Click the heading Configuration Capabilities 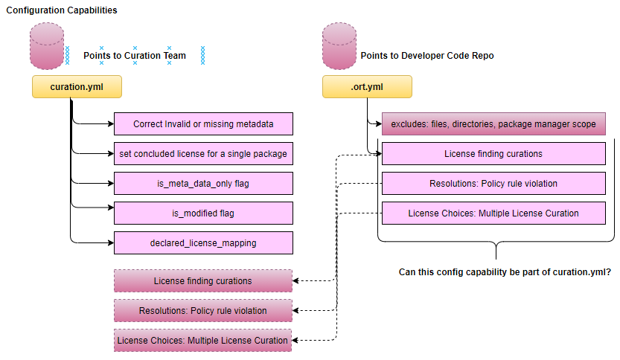point(61,10)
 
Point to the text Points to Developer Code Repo point(426,55)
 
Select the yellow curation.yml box point(76,86)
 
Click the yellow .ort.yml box point(366,86)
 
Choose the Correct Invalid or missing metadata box point(203,124)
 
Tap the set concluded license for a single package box point(203,154)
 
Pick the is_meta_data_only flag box point(203,183)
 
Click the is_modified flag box point(203,213)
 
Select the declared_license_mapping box point(203,242)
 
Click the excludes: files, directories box point(493,124)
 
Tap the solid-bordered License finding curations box point(493,154)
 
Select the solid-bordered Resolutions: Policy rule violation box point(493,183)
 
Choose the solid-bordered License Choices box point(493,213)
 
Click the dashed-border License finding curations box point(202,281)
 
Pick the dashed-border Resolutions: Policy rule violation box point(202,310)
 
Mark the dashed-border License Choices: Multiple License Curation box point(202,340)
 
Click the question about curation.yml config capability point(505,273)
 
